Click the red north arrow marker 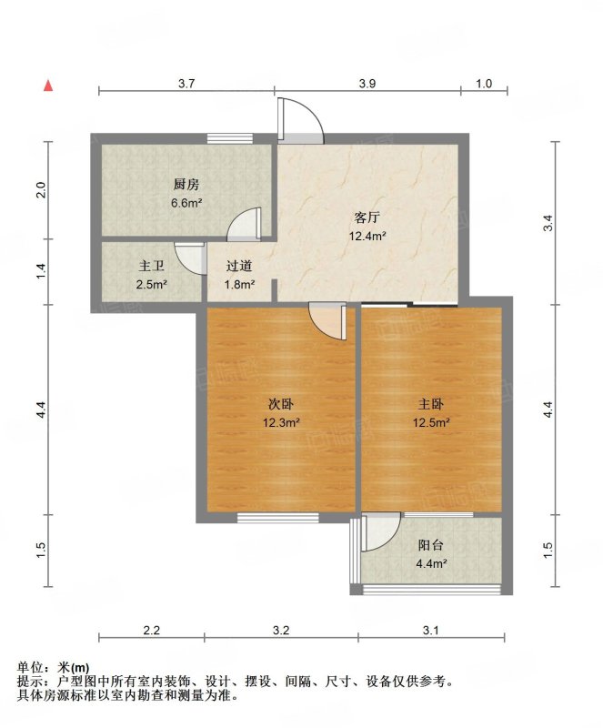pos(48,86)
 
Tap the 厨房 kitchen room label pos(186,185)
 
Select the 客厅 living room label pos(367,217)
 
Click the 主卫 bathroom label pos(152,266)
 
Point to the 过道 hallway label pos(239,266)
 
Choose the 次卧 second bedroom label pos(281,404)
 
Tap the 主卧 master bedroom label pos(431,404)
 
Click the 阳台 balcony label pos(431,545)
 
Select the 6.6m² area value pos(186,203)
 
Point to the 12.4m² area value pos(368,236)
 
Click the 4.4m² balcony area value pos(431,563)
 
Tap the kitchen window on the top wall pos(230,138)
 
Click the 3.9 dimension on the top pos(367,84)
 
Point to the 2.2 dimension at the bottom pos(151,631)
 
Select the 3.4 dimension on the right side pos(549,224)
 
